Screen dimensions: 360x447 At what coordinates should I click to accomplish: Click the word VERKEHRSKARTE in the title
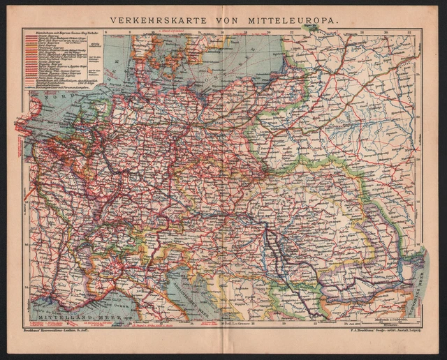point(152,21)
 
